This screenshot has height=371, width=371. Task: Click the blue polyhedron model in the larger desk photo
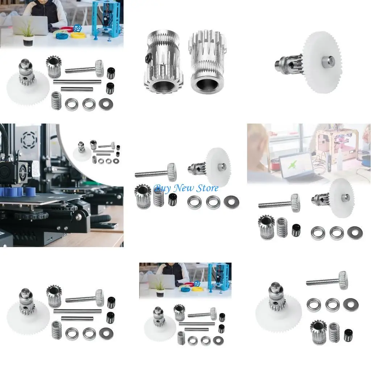77,28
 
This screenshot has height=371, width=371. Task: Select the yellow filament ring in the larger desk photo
78,36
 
